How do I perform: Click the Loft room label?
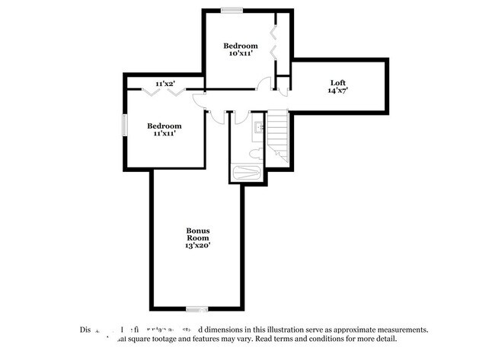tap(337, 82)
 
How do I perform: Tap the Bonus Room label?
tap(198, 234)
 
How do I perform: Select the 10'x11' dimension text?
tap(240, 53)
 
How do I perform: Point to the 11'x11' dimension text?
tap(164, 133)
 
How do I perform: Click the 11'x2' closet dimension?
tap(165, 83)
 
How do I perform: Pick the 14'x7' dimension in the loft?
tap(337, 91)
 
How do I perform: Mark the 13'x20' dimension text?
tap(198, 246)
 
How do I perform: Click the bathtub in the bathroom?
tap(247, 173)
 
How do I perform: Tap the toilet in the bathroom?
tap(257, 153)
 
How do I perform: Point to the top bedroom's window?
tap(232, 11)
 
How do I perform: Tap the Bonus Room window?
tap(198, 309)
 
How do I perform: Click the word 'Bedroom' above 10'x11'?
tap(240, 45)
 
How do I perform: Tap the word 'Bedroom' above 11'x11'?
tap(164, 125)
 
